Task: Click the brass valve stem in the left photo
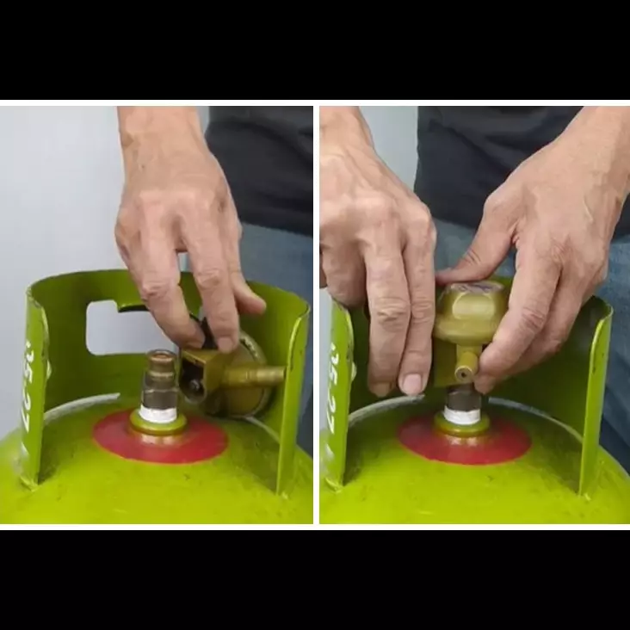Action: [x=160, y=379]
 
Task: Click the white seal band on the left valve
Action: [x=160, y=413]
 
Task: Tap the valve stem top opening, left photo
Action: [x=160, y=355]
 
